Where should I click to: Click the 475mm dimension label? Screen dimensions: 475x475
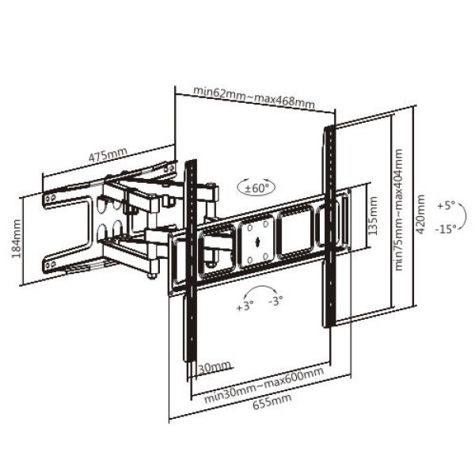click(x=108, y=154)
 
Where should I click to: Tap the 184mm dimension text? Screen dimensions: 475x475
click(x=17, y=239)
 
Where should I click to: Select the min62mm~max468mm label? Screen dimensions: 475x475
click(x=254, y=97)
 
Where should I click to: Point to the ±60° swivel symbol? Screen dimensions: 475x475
click(x=256, y=188)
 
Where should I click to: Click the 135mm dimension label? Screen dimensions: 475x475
click(x=374, y=215)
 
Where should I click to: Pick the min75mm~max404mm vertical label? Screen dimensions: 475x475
click(x=399, y=210)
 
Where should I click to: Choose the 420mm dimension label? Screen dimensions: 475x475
click(x=420, y=215)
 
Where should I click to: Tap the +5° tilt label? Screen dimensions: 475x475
click(x=446, y=206)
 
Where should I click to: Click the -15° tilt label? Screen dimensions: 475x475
click(x=446, y=230)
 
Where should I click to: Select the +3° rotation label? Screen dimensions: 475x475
click(x=245, y=306)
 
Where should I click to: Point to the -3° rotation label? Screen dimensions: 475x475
click(x=275, y=300)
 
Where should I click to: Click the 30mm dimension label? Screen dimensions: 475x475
click(x=215, y=367)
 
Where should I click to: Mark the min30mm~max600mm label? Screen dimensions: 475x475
click(x=264, y=385)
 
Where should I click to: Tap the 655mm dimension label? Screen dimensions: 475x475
click(x=272, y=401)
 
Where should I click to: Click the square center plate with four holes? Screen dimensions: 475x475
click(x=257, y=242)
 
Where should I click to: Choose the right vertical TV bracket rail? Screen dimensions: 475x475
click(x=330, y=226)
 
